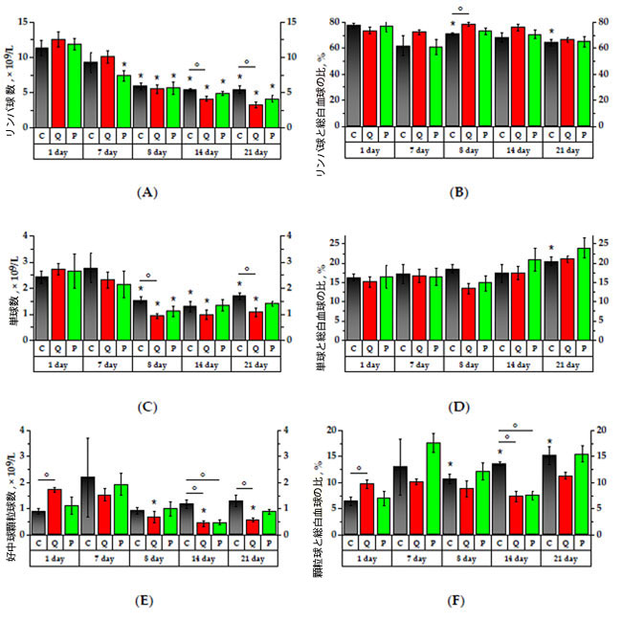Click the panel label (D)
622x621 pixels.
point(458,406)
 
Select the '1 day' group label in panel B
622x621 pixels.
point(369,151)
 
